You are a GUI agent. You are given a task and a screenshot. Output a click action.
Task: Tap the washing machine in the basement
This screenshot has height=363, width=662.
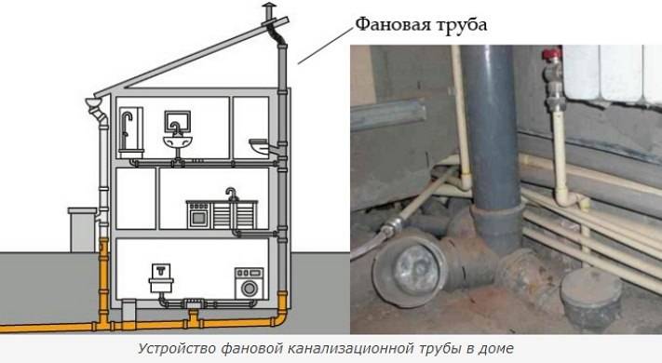[249, 284]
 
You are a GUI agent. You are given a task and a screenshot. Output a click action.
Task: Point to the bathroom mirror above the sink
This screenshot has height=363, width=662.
[178, 121]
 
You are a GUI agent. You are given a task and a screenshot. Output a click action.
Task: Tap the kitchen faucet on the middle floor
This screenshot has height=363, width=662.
[230, 193]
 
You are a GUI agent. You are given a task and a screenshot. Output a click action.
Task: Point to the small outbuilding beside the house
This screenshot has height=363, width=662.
[84, 229]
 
